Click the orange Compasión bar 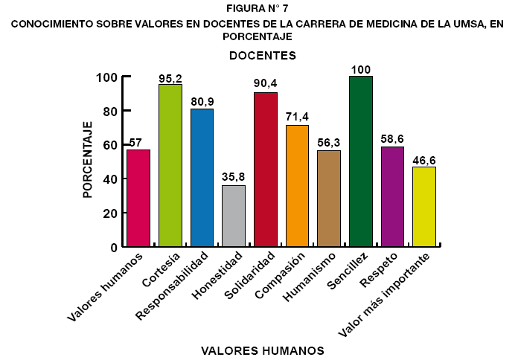click(297, 185)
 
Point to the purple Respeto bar click(392, 196)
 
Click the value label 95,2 click(170, 77)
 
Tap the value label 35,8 click(234, 178)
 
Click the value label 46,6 click(424, 160)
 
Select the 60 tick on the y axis click(110, 145)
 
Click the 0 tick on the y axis click(114, 247)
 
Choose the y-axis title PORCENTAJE click(88, 160)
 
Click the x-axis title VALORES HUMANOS click(263, 350)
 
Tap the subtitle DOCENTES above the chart click(263, 55)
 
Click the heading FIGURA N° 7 click(258, 9)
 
